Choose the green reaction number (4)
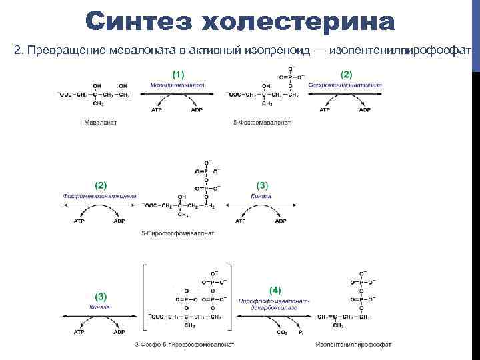coord(274,291)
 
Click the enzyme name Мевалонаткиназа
coord(177,85)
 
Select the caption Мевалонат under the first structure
coord(100,123)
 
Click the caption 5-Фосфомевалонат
coord(261,123)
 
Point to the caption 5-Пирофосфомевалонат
coord(177,234)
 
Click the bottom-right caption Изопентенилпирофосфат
coord(354,345)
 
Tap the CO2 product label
coord(281,331)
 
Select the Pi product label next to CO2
coord(301,331)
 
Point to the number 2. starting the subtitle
coord(18,51)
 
